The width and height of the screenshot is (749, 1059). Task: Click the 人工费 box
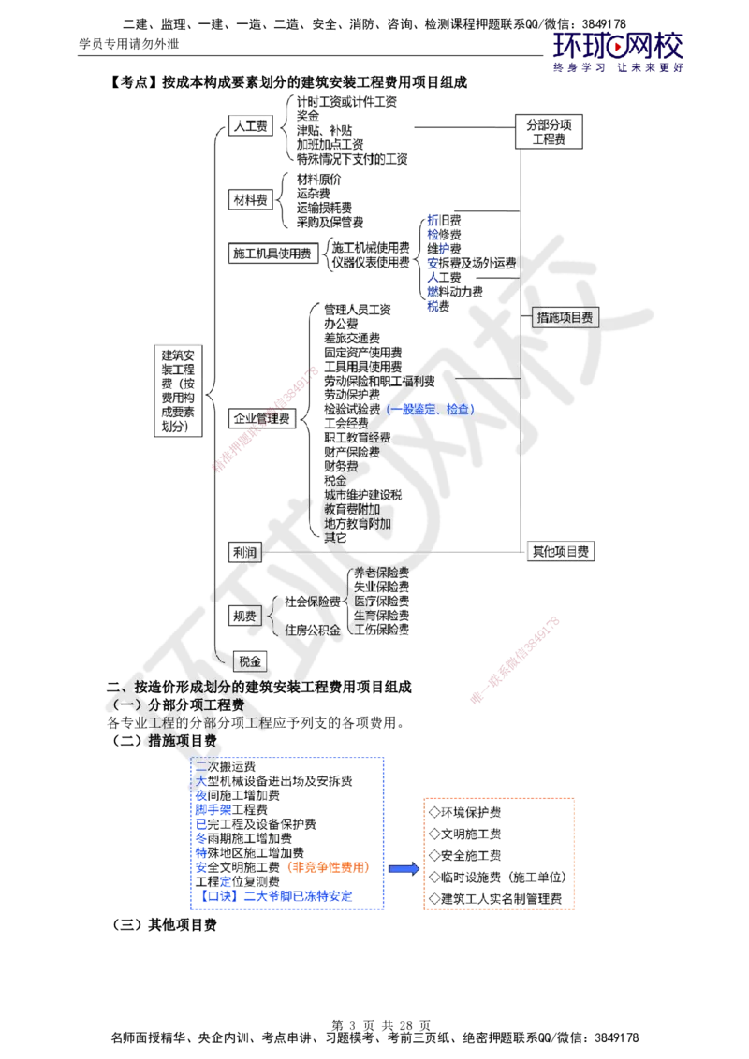pos(250,125)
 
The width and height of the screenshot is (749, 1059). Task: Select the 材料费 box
pos(251,199)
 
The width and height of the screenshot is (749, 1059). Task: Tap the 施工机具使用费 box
pos(272,253)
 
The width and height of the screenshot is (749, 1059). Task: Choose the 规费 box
pos(245,615)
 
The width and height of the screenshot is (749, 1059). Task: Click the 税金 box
pos(248,660)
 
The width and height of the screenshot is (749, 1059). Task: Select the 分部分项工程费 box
pos(550,131)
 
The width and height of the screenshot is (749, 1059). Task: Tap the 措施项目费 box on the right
pos(565,317)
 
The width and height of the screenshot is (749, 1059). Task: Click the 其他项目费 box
pos(561,551)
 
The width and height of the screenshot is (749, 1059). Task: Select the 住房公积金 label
pos(313,630)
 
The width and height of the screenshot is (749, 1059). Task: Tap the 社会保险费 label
pos(313,600)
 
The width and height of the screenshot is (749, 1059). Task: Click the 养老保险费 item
pos(380,572)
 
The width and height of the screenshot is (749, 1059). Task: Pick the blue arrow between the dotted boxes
pos(404,869)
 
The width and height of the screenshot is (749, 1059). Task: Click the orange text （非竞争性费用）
pos(330,867)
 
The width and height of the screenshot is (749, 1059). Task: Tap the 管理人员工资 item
pos(357,309)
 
